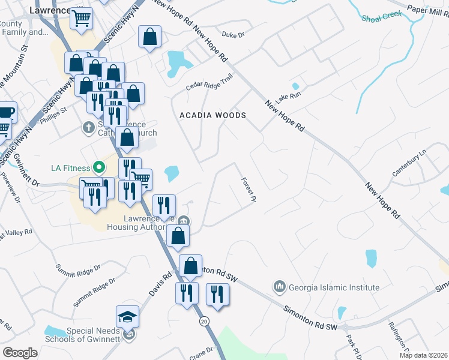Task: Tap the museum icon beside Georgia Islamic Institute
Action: pos(279,287)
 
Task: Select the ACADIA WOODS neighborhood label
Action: pos(213,115)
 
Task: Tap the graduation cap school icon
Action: pos(127,317)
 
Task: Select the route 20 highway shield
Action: pos(204,322)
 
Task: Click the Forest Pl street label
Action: pos(249,188)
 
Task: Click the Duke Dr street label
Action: pos(234,35)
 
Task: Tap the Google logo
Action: pos(20,352)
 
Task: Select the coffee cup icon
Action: pos(6,112)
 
